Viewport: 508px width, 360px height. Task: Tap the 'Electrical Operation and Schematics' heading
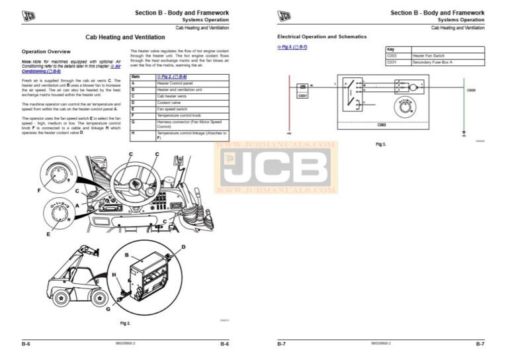[321, 36]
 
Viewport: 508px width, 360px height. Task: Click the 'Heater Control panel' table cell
[172, 84]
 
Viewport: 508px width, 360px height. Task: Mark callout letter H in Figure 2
[113, 275]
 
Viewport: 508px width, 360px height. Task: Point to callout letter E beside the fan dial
[48, 234]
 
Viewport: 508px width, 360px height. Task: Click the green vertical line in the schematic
[464, 109]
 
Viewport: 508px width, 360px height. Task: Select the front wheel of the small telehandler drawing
[61, 298]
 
